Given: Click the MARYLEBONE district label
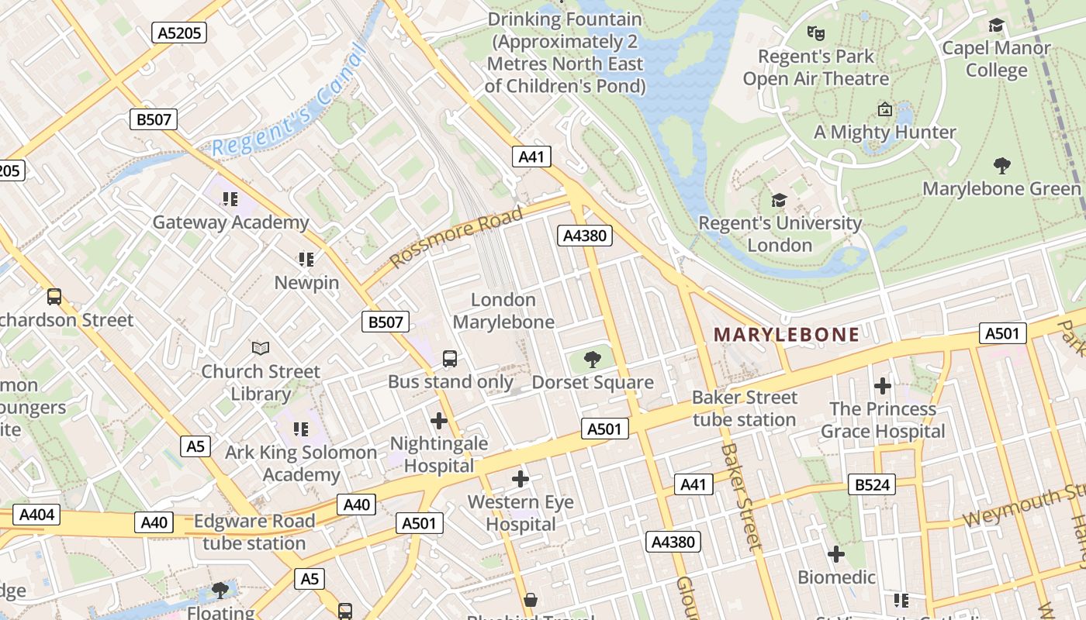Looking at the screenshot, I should coord(786,335).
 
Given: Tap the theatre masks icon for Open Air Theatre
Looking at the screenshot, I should coord(814,33).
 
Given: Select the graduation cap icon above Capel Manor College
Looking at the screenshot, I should coord(996,25).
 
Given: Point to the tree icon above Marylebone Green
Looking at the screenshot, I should coord(1001,165).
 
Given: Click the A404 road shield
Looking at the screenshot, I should coord(36,515).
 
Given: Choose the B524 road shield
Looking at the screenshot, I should coord(873,485).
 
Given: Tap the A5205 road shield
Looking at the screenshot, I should coord(178,33).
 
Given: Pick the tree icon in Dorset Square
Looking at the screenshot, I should coord(593,359).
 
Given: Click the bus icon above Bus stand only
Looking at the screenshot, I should coord(450,358).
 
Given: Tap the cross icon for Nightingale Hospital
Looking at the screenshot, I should coord(439,421).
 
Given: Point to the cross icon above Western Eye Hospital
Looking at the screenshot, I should coord(521,479).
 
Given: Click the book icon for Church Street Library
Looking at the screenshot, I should coord(261,349).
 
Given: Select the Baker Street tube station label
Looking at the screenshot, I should coord(744,408).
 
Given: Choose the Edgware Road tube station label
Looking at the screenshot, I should coord(254,532).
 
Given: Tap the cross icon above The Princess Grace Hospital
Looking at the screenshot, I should coord(882,386).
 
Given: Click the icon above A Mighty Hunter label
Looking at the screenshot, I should coord(884,109).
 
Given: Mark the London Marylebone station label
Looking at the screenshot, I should coord(503,311).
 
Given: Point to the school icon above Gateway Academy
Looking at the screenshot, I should coord(230,200).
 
